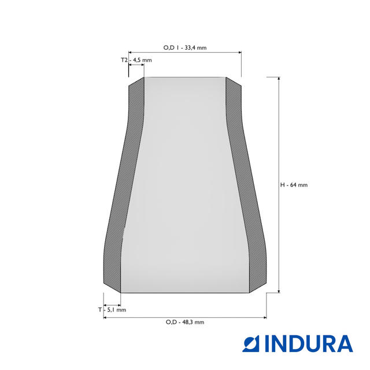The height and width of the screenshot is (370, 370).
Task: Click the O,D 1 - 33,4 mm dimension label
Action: point(185,47)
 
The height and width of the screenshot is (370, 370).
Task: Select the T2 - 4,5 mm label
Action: point(136,60)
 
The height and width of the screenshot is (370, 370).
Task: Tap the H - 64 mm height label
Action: point(294,185)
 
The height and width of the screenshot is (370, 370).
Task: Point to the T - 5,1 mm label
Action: point(112,310)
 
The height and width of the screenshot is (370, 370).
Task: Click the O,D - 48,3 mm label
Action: point(185,322)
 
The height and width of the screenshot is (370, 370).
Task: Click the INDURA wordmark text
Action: point(309,343)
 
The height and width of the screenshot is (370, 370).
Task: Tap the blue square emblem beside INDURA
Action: point(251,344)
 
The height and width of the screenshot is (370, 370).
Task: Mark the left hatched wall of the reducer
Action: point(124,184)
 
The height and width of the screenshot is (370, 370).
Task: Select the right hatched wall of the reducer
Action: point(246,184)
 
